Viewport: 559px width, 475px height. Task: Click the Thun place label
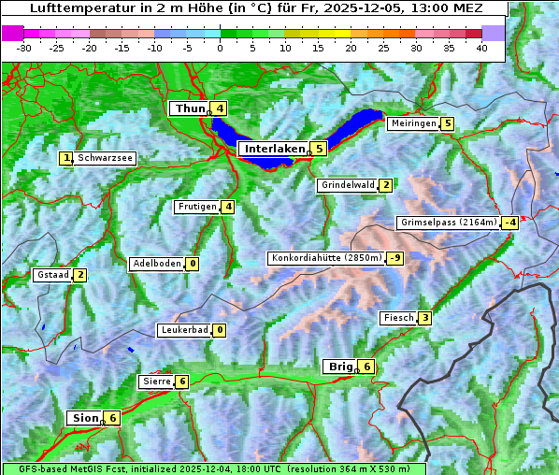pos(190,109)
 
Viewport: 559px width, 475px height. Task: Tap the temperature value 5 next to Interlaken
pos(320,148)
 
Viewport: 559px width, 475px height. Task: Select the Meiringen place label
pos(412,123)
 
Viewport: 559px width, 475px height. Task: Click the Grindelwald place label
pos(347,185)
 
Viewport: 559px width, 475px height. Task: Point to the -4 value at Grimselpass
pos(509,223)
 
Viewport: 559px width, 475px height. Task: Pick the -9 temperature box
pos(395,258)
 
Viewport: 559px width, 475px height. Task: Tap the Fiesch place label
pos(398,318)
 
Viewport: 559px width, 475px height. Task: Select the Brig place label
pos(339,367)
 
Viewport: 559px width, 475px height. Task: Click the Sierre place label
pos(156,381)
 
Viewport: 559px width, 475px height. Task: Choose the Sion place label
pos(84,418)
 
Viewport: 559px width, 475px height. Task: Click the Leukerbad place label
pos(183,330)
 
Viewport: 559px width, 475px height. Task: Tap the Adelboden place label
pos(156,264)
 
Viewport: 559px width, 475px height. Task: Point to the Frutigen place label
pos(197,207)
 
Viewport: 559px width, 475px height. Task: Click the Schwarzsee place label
pos(106,158)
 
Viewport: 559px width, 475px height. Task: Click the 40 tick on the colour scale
pos(481,47)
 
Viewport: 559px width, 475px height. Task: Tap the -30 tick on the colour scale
pos(24,47)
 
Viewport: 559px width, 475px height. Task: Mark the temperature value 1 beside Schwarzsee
pos(66,158)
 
